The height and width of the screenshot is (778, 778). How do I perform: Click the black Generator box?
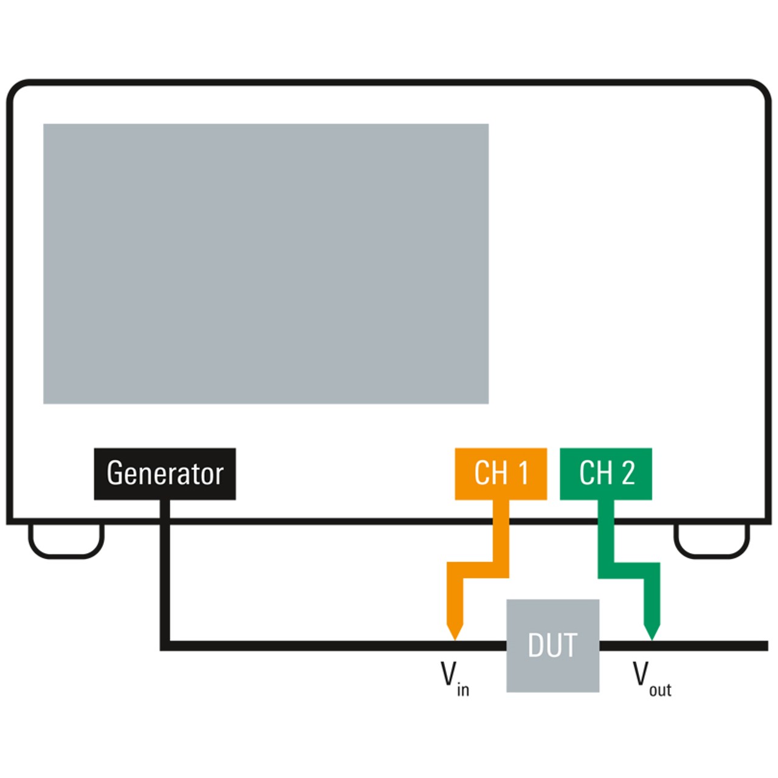click(165, 473)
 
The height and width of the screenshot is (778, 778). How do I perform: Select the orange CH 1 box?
click(501, 473)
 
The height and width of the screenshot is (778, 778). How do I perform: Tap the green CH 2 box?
click(606, 473)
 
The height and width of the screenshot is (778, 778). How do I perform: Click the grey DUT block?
click(553, 645)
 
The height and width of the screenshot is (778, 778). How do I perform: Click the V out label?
click(651, 678)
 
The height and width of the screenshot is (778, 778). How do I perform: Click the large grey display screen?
click(266, 264)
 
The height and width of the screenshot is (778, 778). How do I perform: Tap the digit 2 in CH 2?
click(628, 473)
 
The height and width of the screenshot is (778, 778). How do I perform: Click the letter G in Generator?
click(115, 473)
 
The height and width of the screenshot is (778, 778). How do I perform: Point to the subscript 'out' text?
click(660, 690)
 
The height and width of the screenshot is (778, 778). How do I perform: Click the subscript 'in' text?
click(463, 690)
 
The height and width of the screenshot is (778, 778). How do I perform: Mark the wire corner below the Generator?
click(165, 645)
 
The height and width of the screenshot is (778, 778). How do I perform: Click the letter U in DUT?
click(553, 645)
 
